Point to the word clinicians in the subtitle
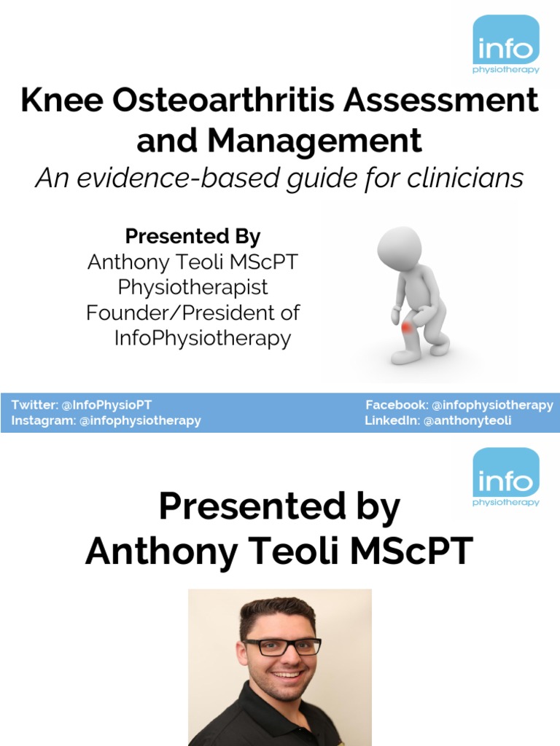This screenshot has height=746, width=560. click(x=462, y=178)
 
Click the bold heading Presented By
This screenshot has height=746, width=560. click(x=192, y=237)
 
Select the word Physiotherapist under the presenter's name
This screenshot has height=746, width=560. click(x=192, y=286)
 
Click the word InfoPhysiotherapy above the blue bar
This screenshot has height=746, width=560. click(x=203, y=338)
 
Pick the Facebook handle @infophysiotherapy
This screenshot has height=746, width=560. click(x=492, y=405)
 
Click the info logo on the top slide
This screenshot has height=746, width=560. click(x=506, y=44)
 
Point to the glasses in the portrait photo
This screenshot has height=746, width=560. click(x=282, y=646)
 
